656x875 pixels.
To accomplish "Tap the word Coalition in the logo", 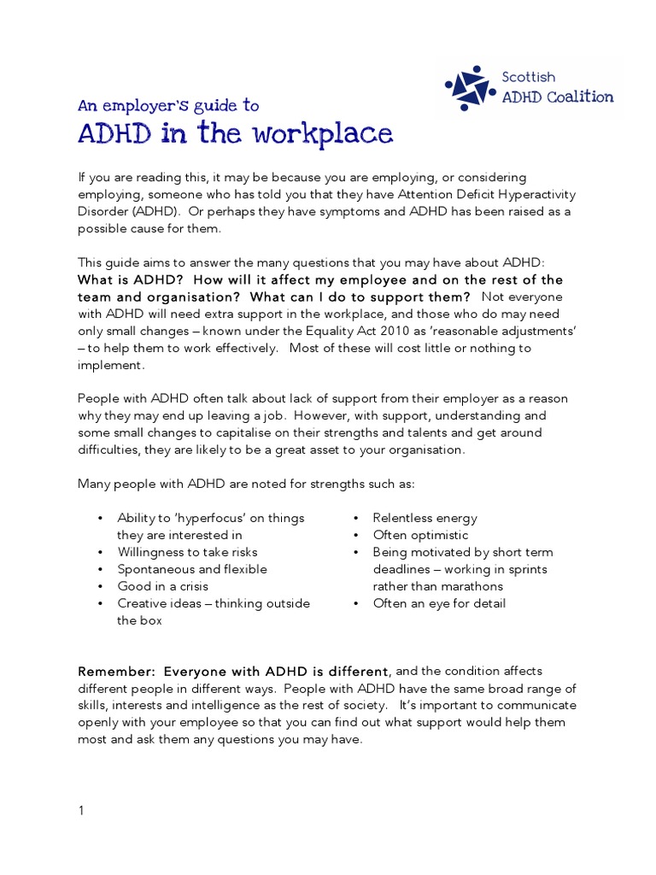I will pos(583,97).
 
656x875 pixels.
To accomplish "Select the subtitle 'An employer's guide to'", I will pos(167,106).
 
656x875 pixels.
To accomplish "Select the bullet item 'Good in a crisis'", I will pos(162,586).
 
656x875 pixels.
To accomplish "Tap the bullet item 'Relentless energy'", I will pos(425,518).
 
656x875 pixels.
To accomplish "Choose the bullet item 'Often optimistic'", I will pos(420,535).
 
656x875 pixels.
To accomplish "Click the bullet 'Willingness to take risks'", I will pos(187,552).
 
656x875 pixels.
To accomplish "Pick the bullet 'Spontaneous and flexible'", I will pos(192,569).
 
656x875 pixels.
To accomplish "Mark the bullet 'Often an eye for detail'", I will pos(439,603).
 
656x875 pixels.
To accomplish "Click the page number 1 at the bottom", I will pos(81,812).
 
